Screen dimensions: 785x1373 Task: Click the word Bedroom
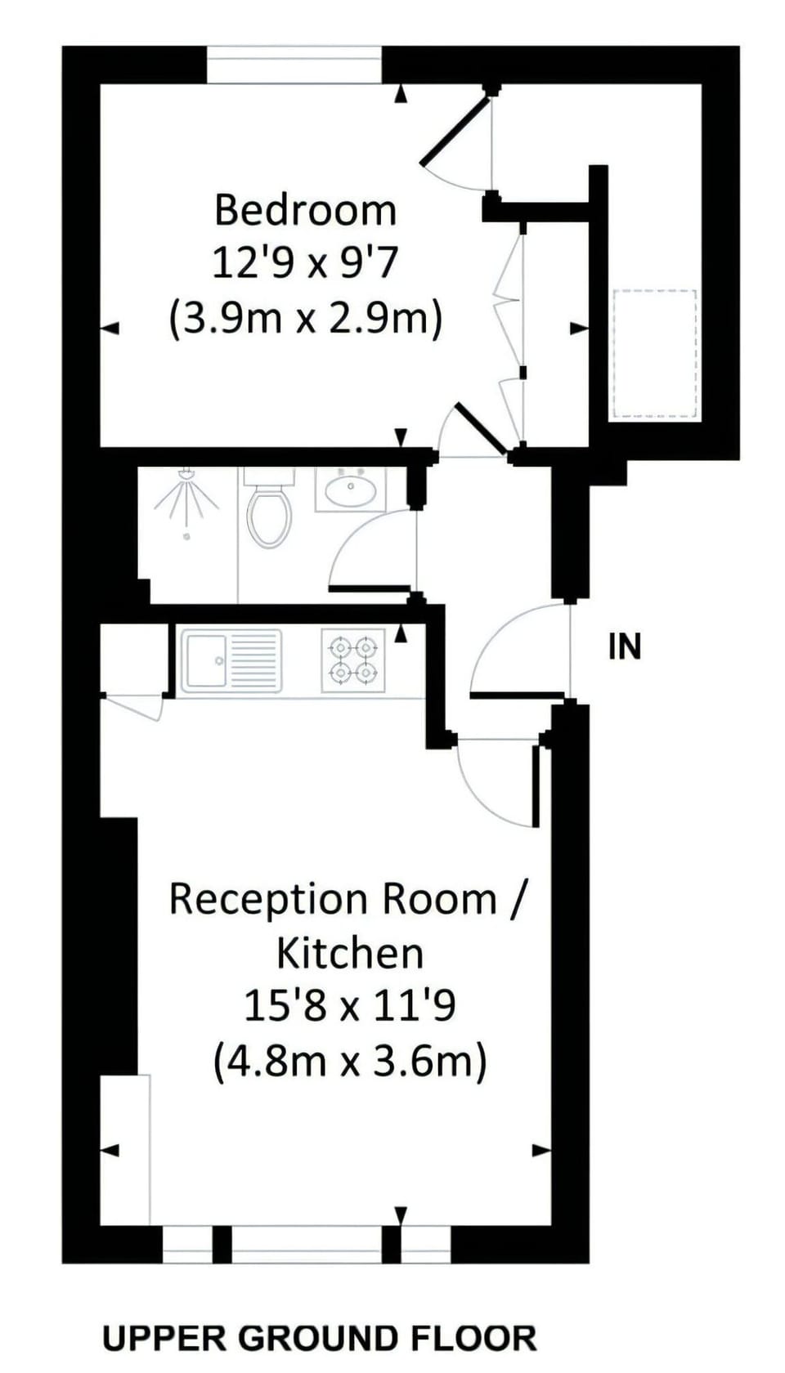pyautogui.click(x=306, y=209)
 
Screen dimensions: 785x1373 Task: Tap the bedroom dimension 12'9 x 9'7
pyautogui.click(x=306, y=265)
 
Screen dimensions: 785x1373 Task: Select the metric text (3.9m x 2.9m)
pyautogui.click(x=306, y=320)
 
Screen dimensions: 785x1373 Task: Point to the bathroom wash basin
pyautogui.click(x=350, y=490)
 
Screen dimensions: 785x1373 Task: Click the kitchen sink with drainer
pyautogui.click(x=234, y=660)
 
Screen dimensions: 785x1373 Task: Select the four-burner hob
pyautogui.click(x=353, y=660)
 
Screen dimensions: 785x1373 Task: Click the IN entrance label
pyautogui.click(x=625, y=646)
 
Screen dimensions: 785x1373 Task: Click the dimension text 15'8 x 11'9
pyautogui.click(x=350, y=1007)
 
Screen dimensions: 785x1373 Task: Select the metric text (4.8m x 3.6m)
pyautogui.click(x=350, y=1061)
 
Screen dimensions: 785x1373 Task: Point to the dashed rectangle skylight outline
pyautogui.click(x=654, y=354)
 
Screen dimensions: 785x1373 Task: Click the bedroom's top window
pyautogui.click(x=294, y=65)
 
